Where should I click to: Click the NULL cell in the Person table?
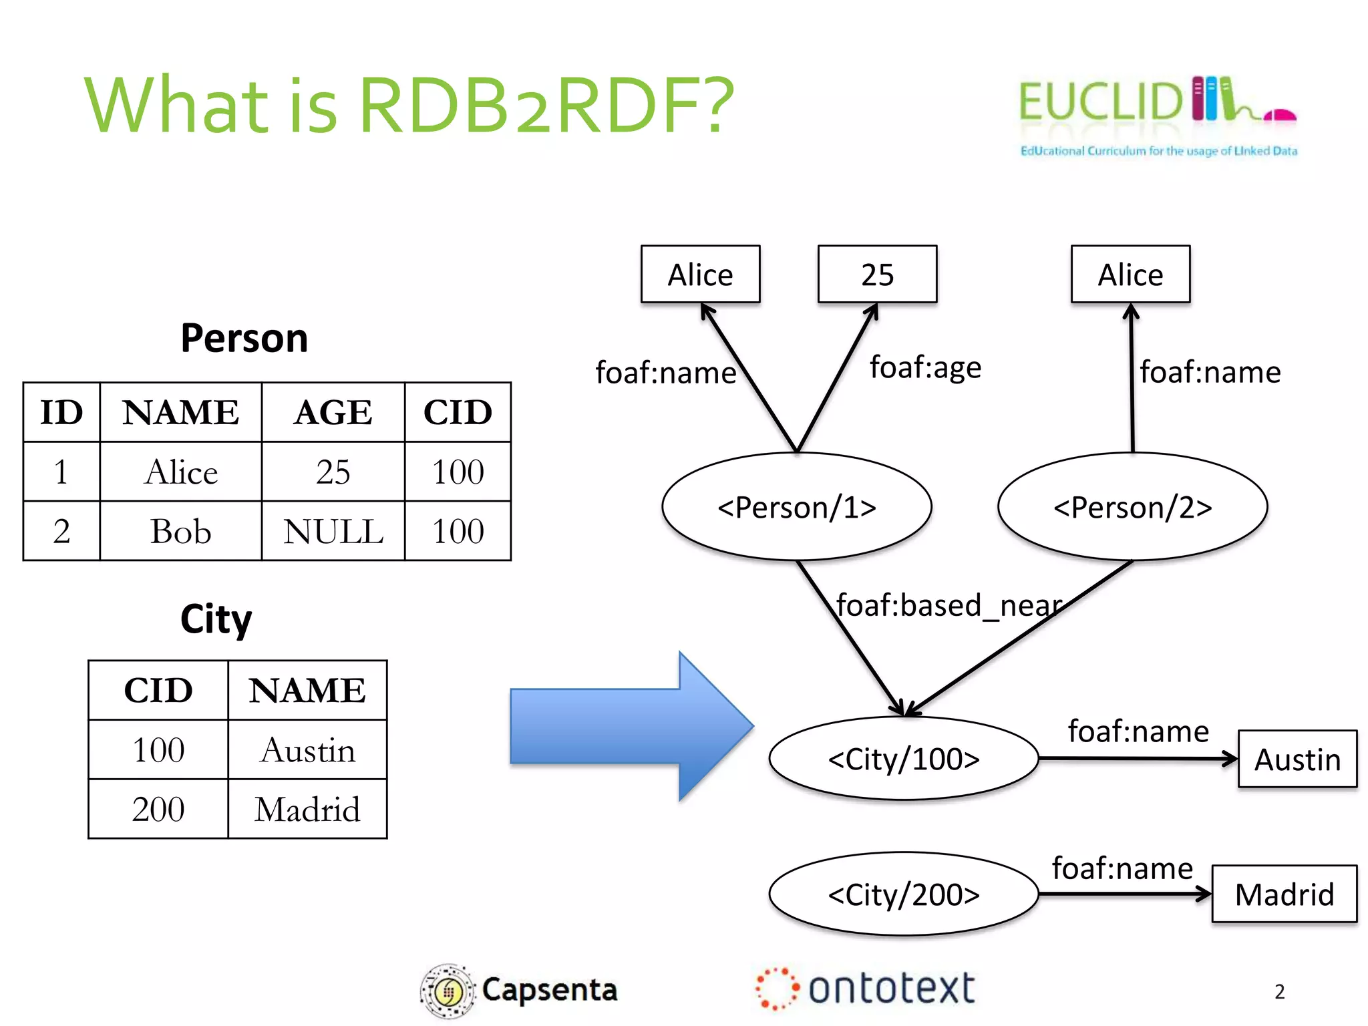(333, 532)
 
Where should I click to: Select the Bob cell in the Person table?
(180, 532)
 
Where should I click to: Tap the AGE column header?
(333, 412)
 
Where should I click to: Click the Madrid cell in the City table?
(307, 809)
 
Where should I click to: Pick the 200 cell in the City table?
(158, 809)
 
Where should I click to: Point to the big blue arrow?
(631, 726)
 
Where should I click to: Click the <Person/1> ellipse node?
(796, 507)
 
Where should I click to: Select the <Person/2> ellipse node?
(1132, 507)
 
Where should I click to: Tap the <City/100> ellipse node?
(903, 759)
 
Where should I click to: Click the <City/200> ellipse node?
(903, 894)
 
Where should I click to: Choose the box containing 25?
(877, 275)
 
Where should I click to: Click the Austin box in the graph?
(1297, 759)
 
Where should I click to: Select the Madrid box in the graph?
(1284, 894)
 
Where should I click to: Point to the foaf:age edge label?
(925, 367)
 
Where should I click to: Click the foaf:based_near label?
(949, 605)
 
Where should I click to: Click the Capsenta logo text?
(549, 990)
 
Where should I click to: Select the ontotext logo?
(866, 989)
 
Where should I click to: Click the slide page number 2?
(1279, 992)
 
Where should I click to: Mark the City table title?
(216, 619)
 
